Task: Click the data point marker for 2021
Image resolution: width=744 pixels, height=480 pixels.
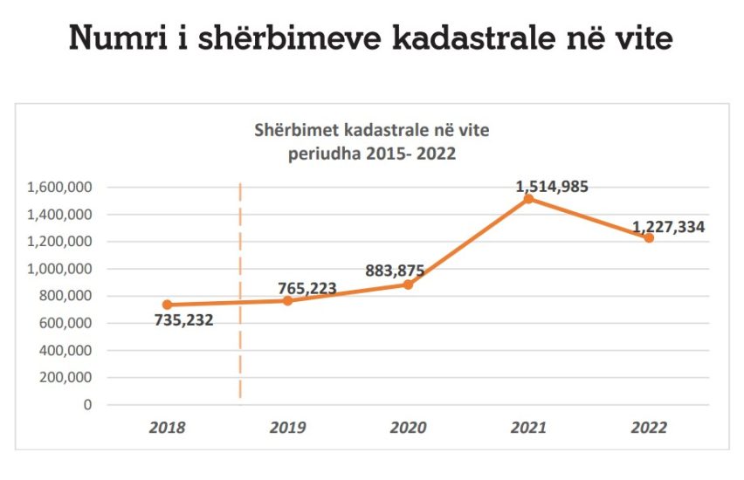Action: click(528, 199)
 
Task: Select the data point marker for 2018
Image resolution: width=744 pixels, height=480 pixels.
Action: click(167, 305)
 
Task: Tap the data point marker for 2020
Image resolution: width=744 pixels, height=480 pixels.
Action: click(408, 285)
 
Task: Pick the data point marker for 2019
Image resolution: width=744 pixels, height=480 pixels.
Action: click(287, 301)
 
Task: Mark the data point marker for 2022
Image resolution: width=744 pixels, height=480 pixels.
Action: click(649, 238)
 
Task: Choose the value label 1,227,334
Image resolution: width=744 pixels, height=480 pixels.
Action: click(669, 226)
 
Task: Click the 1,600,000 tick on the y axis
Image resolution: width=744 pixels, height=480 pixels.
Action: click(60, 187)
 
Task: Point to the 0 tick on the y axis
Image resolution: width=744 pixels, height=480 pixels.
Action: click(88, 405)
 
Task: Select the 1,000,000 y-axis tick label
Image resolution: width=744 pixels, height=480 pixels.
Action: click(60, 269)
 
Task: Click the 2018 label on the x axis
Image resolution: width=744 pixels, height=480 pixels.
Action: click(167, 428)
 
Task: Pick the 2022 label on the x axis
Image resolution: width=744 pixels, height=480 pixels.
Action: click(649, 428)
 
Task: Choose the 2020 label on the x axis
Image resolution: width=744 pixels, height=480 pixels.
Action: click(408, 428)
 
